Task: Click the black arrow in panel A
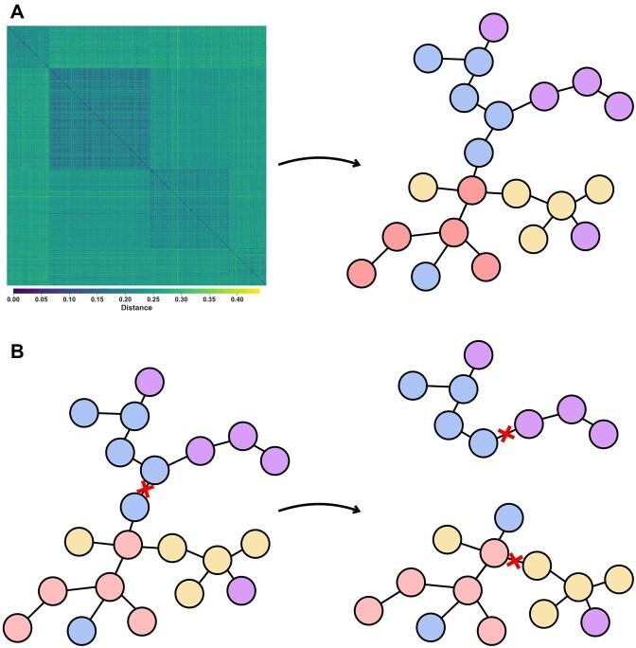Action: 320,161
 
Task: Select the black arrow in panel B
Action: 320,508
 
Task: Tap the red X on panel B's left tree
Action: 145,489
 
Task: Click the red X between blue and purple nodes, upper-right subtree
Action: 507,434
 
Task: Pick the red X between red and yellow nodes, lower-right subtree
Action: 514,561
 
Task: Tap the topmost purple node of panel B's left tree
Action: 150,382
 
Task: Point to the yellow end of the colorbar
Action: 254,290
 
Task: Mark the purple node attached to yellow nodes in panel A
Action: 585,231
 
